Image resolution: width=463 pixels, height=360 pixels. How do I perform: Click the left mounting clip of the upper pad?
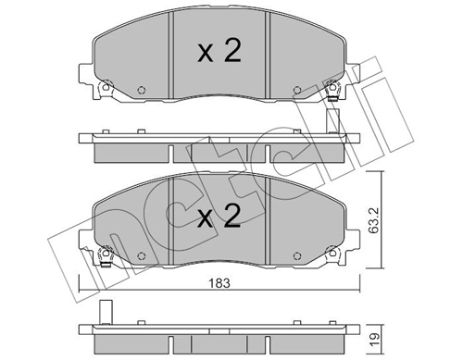pos(104,90)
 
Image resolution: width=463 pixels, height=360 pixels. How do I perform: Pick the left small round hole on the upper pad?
pos(141,91)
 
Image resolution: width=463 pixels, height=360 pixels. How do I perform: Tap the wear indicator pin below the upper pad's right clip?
pos(332,121)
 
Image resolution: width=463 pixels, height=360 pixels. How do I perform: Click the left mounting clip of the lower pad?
pos(104,255)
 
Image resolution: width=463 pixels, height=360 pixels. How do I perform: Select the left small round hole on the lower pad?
pos(141,256)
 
